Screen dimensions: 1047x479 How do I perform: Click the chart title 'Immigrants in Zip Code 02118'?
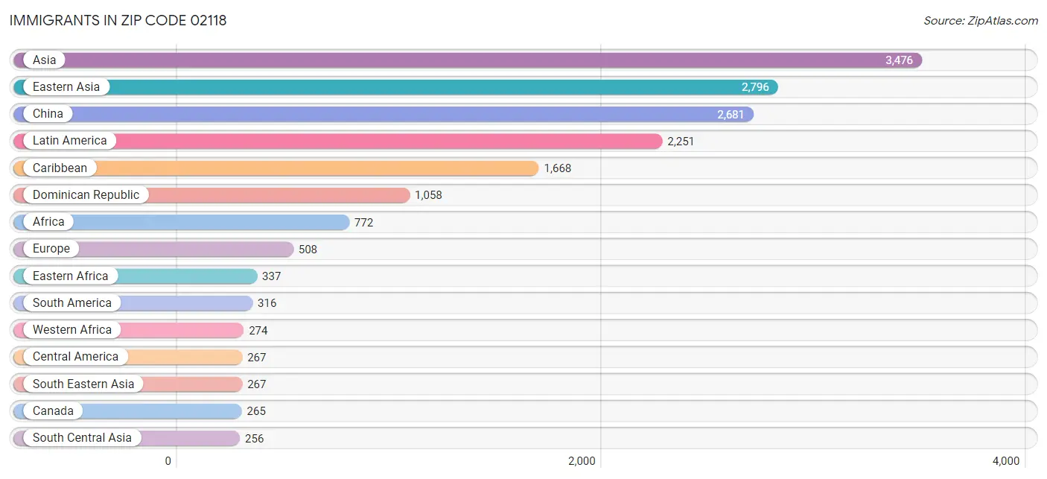pyautogui.click(x=118, y=21)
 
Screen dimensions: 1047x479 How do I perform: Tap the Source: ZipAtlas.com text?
pyautogui.click(x=980, y=21)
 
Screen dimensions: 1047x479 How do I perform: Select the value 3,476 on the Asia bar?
pyautogui.click(x=898, y=60)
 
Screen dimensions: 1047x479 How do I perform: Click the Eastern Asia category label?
pyautogui.click(x=66, y=87)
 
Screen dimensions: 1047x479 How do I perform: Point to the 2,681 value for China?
pyautogui.click(x=730, y=114)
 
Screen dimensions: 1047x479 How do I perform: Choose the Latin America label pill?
pyautogui.click(x=70, y=141)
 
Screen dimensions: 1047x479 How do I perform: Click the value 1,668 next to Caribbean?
pyautogui.click(x=558, y=168)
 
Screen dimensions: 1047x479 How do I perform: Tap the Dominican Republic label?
pyautogui.click(x=86, y=195)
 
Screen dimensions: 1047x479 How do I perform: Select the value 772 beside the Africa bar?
pyautogui.click(x=363, y=222)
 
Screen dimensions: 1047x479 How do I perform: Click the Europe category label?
pyautogui.click(x=51, y=249)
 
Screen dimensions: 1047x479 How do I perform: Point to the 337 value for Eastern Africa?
pyautogui.click(x=271, y=276)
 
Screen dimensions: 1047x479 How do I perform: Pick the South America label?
pyautogui.click(x=72, y=303)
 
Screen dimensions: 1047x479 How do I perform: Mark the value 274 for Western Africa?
pyautogui.click(x=258, y=331)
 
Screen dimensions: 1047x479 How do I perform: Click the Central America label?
pyautogui.click(x=75, y=357)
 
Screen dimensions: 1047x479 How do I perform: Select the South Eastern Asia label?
pyautogui.click(x=83, y=384)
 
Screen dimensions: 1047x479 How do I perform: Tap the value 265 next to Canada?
pyautogui.click(x=256, y=411)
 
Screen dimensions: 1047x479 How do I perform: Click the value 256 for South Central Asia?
pyautogui.click(x=254, y=438)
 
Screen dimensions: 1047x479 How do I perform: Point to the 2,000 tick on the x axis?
pyautogui.click(x=582, y=461)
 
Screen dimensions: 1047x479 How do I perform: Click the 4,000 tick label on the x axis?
pyautogui.click(x=1006, y=461)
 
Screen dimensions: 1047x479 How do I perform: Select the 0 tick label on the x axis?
pyautogui.click(x=168, y=461)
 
